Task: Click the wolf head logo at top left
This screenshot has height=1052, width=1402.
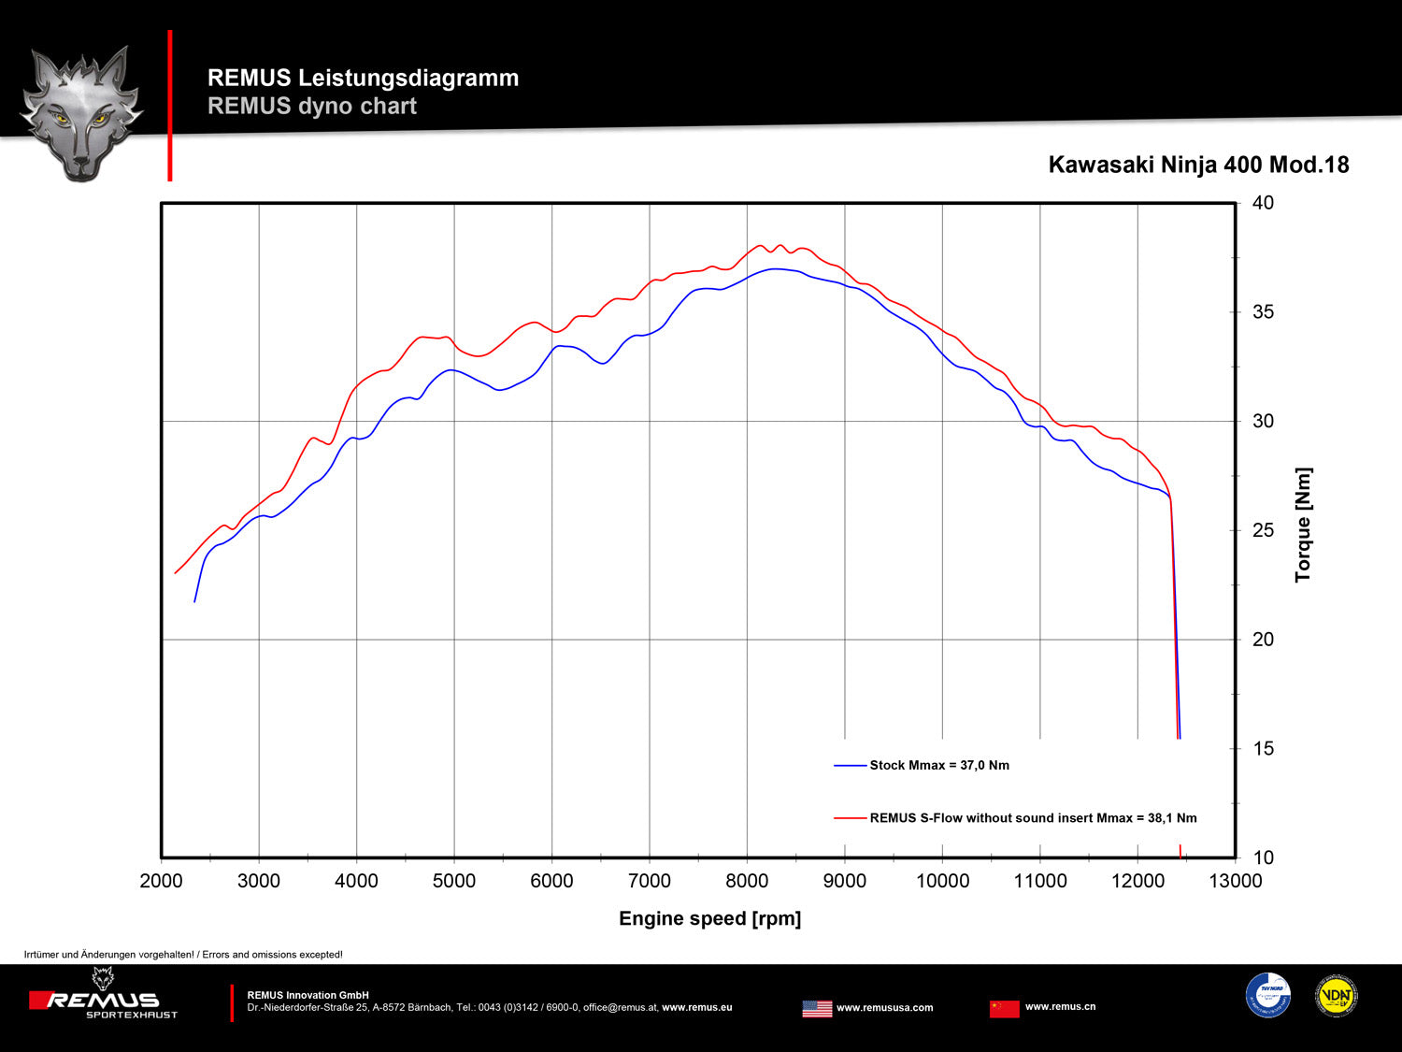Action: point(81,112)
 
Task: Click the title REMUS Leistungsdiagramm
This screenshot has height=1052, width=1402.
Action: point(363,78)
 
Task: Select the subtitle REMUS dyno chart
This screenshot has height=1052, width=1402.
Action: point(311,106)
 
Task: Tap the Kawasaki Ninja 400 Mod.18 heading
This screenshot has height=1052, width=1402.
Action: point(1198,165)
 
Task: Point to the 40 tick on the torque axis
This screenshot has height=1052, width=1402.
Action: point(1263,203)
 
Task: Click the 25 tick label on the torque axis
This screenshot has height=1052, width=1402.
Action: point(1263,530)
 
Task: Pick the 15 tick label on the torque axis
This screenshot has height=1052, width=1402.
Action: point(1263,748)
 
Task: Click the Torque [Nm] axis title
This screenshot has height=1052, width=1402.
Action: point(1303,525)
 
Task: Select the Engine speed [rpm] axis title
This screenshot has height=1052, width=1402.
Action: point(709,918)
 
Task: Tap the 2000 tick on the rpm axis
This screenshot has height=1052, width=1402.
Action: point(161,881)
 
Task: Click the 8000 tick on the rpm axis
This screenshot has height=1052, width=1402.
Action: point(747,881)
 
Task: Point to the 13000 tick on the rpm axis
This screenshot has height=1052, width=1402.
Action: point(1236,881)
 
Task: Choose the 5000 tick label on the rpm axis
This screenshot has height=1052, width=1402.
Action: point(454,881)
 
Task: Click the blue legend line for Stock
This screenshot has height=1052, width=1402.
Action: point(850,765)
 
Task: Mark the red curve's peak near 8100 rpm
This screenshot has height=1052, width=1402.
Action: point(760,246)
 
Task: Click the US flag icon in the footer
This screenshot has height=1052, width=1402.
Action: point(817,1008)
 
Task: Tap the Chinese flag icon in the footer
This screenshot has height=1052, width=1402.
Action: point(1004,1008)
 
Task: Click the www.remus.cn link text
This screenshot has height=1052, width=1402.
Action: point(1060,1007)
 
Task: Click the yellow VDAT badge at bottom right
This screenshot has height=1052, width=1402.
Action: point(1336,996)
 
